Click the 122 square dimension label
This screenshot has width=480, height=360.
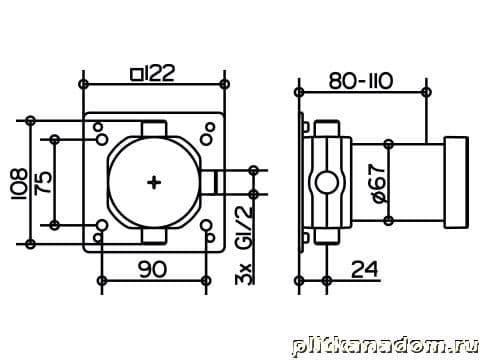[153, 73]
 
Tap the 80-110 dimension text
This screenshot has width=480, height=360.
[361, 81]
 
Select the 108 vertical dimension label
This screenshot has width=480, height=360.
[19, 184]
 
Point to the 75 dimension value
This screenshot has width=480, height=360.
[44, 182]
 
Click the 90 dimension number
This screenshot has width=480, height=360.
[152, 269]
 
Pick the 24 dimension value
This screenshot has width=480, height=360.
[365, 269]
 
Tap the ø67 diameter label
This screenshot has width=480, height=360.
[379, 183]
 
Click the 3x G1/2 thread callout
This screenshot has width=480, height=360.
[244, 245]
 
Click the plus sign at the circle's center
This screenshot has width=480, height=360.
[154, 182]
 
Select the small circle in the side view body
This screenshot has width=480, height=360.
[327, 182]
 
